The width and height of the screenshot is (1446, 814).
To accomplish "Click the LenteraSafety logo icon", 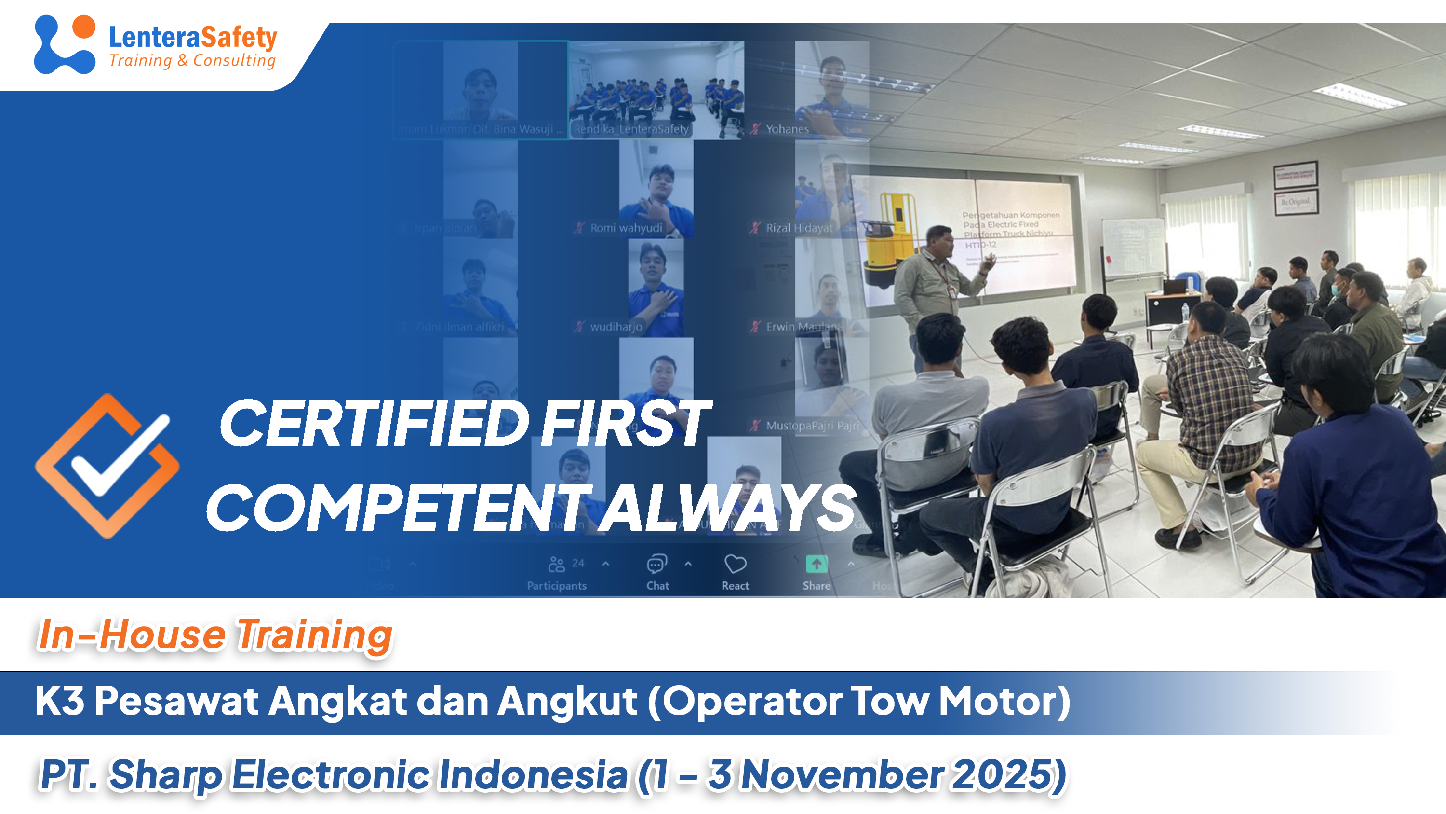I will pos(64,44).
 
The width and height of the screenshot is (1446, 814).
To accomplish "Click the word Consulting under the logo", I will pos(234,60).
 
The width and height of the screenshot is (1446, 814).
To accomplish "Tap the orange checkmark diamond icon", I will pos(107,466).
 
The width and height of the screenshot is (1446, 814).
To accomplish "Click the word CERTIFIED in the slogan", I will pos(373,424).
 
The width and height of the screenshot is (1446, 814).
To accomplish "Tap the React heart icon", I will pos(735,564).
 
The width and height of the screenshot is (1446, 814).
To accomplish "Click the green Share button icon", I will pos(816,564).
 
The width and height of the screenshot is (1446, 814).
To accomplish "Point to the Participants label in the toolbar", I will pos(556,585).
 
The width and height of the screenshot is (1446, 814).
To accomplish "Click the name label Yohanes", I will pos(787,129).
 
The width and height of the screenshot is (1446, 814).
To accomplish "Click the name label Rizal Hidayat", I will pos(799,228).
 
